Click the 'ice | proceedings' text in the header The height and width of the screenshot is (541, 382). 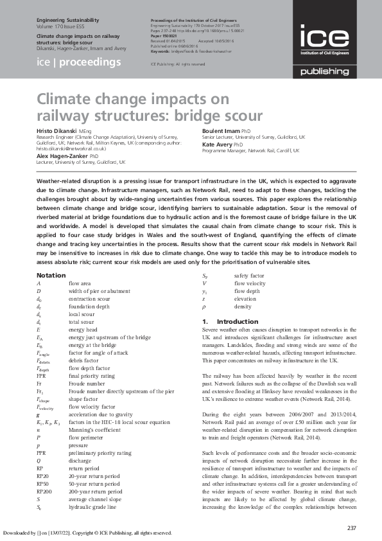click(79, 62)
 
